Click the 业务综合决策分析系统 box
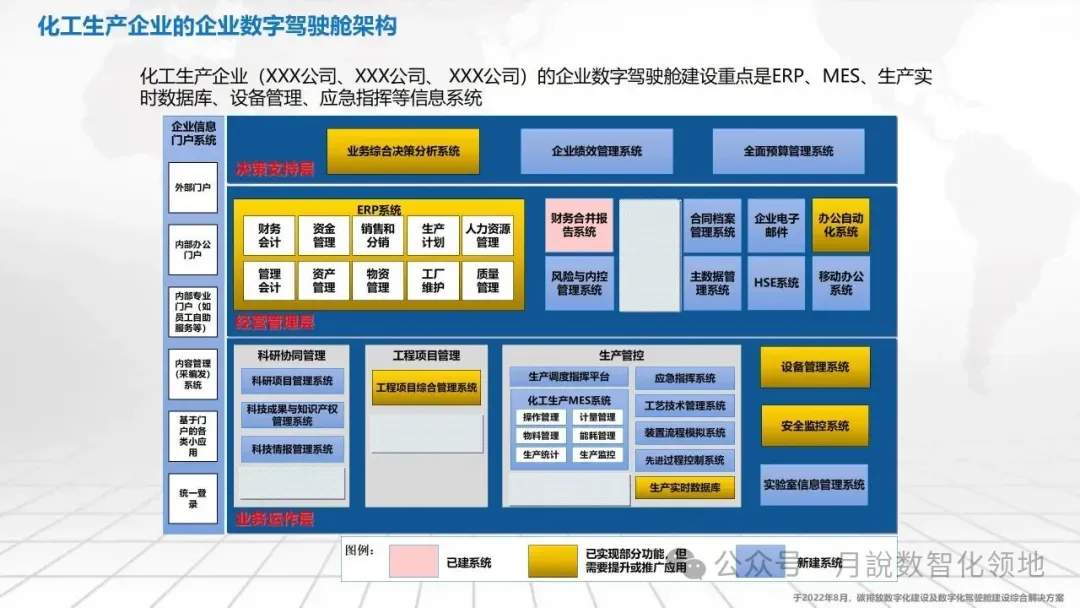coord(403,151)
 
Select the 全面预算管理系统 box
coord(788,151)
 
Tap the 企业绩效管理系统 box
coord(596,151)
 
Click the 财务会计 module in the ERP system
coord(269,235)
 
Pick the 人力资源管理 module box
coord(487,235)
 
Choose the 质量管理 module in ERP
coord(487,281)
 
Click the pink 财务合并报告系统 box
coord(578,225)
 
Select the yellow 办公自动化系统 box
coord(840,225)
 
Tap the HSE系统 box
coord(776,283)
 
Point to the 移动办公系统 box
coord(840,283)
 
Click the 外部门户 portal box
coord(192,188)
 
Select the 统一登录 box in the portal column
coord(192,498)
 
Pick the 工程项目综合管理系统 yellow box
coord(426,387)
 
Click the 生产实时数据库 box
coord(685,488)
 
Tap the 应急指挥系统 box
coord(685,379)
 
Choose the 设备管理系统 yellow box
coord(814,367)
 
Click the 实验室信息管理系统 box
coord(814,485)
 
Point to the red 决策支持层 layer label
coord(275,170)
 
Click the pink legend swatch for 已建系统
coord(413,562)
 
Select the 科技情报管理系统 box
coord(292,450)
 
